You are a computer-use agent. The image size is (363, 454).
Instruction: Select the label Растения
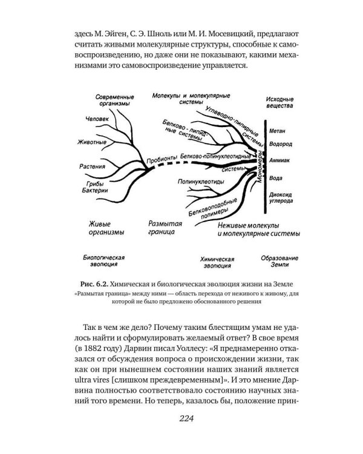tap(92, 166)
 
